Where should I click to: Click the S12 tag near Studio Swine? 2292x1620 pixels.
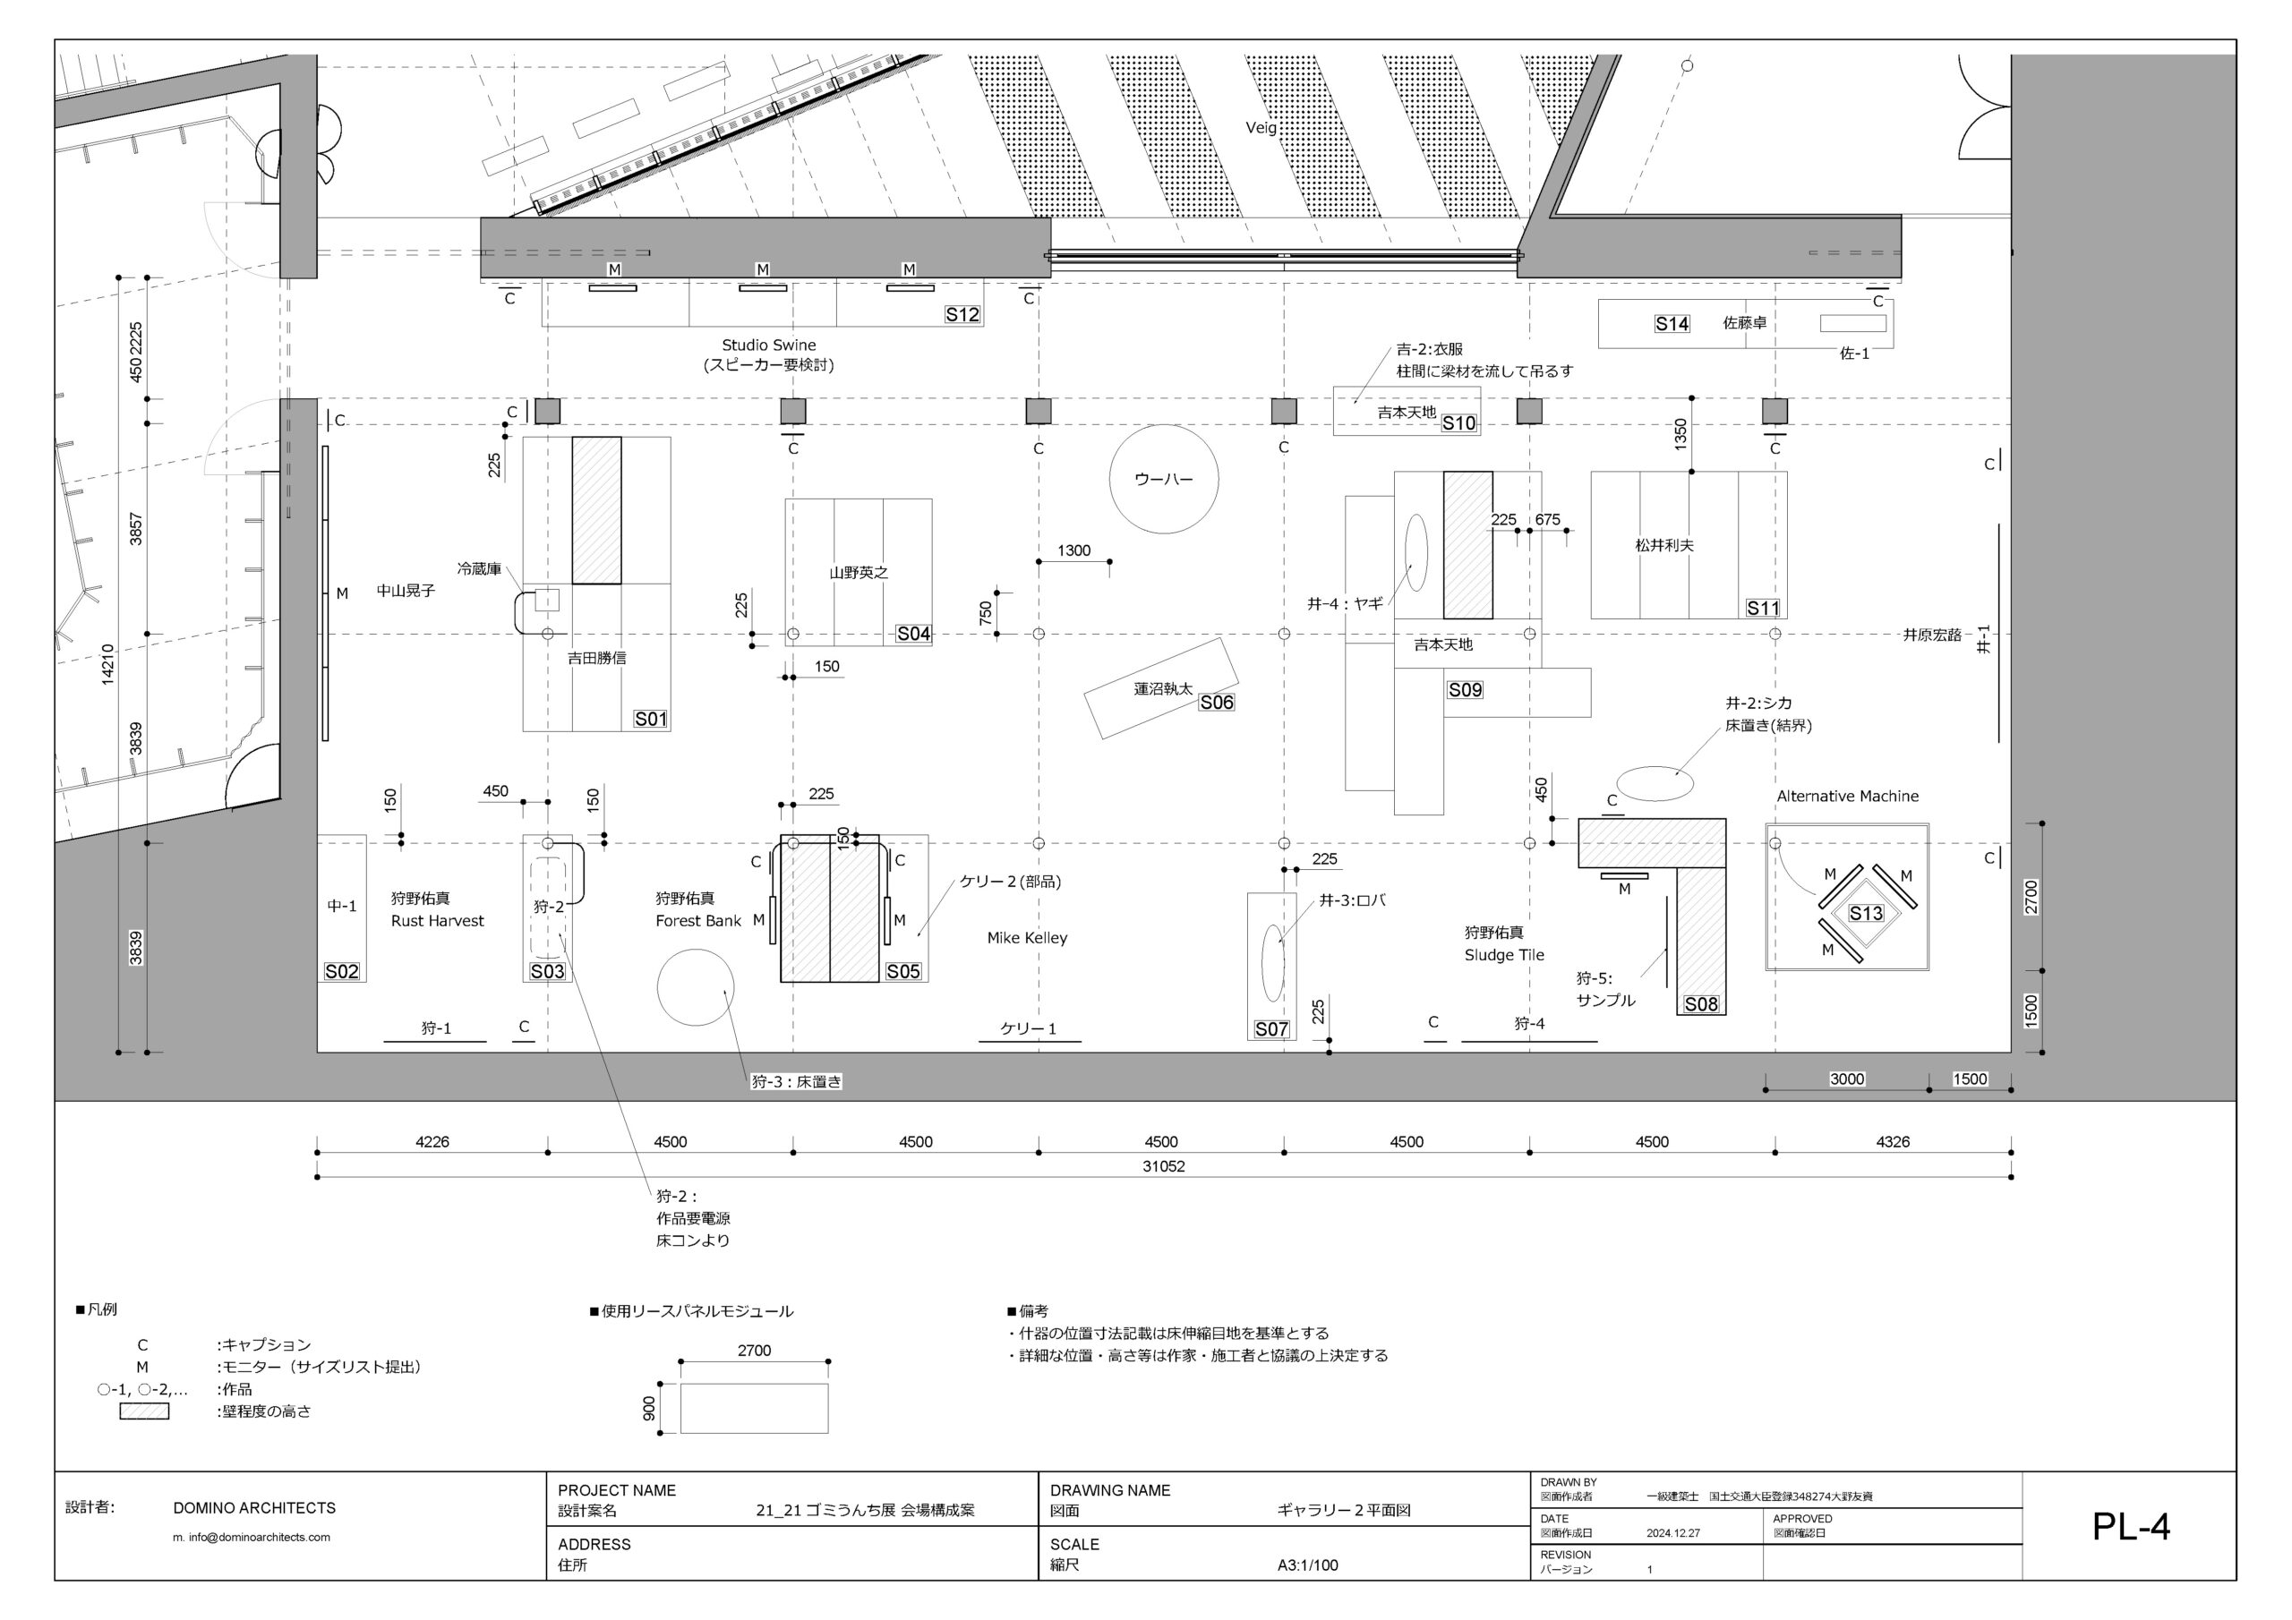tap(962, 314)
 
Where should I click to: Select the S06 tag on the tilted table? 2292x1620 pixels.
tap(1217, 703)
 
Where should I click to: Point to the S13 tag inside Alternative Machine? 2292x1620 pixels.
tap(1866, 913)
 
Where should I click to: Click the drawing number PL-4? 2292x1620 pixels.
tap(2131, 1526)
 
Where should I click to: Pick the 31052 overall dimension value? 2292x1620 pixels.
tap(1164, 1166)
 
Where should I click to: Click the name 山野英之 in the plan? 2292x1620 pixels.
tap(859, 573)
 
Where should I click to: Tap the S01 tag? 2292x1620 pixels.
tap(651, 720)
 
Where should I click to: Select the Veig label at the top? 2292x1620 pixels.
tap(1261, 128)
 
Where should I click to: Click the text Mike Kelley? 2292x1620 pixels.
tap(1027, 938)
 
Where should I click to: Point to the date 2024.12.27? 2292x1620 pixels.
tap(1673, 1533)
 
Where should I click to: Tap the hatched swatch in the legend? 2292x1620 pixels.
tap(144, 1411)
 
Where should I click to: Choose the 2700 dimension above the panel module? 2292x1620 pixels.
tap(755, 1351)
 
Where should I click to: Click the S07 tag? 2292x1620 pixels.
tap(1271, 1029)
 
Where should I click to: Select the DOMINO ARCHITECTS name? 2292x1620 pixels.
tap(254, 1508)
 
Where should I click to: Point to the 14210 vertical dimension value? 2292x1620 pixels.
tap(107, 665)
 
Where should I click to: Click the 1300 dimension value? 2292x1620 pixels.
tap(1074, 551)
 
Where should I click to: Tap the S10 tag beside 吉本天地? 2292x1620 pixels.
tap(1458, 423)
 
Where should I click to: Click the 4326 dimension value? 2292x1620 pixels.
tap(1893, 1142)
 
